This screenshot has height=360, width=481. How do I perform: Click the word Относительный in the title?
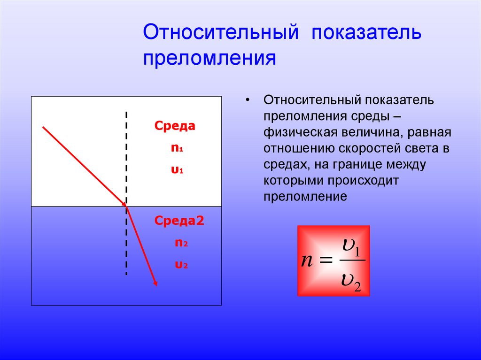pyautogui.click(x=221, y=33)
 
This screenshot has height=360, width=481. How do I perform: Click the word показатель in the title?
pyautogui.click(x=365, y=33)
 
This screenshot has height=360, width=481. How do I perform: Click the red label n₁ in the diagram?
pyautogui.click(x=176, y=148)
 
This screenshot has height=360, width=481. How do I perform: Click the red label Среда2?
pyautogui.click(x=179, y=221)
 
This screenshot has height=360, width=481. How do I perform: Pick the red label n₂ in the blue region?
pyautogui.click(x=181, y=243)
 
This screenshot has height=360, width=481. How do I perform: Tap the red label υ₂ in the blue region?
pyautogui.click(x=181, y=265)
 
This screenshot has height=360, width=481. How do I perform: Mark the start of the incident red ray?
pyautogui.click(x=43, y=127)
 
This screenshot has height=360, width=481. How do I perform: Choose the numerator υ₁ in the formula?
pyautogui.click(x=351, y=247)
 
